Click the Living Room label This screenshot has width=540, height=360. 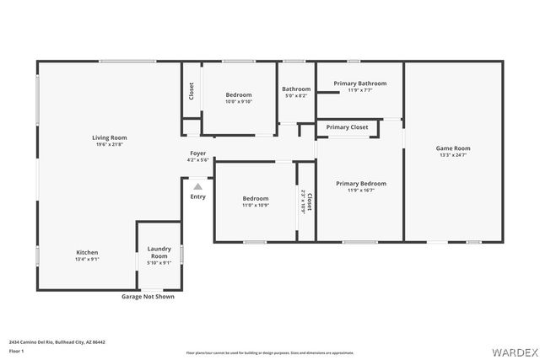[109, 137]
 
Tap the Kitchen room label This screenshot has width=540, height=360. [88, 252]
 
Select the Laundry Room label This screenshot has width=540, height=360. [159, 251]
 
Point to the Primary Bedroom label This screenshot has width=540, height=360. [360, 183]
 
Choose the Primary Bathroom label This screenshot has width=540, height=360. [359, 83]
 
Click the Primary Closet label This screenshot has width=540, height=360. [347, 127]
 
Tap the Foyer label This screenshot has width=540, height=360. [197, 153]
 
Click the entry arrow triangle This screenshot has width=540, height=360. [197, 186]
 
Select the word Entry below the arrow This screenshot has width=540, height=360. [197, 196]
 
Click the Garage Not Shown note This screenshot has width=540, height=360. [148, 297]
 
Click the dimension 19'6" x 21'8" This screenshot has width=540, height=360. [109, 144]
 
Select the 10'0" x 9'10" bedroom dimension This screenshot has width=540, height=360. [239, 101]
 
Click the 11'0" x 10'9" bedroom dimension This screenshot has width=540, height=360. [255, 205]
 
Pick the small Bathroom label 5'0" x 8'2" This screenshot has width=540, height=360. [296, 95]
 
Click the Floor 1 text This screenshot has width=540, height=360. [16, 351]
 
